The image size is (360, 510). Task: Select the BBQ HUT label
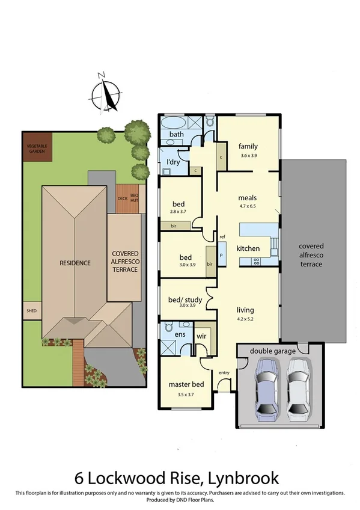click(x=134, y=197)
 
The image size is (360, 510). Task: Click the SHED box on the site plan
click(x=31, y=312)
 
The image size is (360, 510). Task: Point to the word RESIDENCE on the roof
click(x=75, y=263)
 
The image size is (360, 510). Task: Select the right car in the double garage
click(x=298, y=388)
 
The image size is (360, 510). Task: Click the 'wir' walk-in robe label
click(x=201, y=336)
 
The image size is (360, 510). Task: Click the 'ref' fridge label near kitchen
click(x=222, y=237)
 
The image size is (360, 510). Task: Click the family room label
click(x=248, y=146)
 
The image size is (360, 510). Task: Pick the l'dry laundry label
click(x=174, y=162)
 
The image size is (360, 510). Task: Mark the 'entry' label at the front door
click(x=224, y=373)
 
